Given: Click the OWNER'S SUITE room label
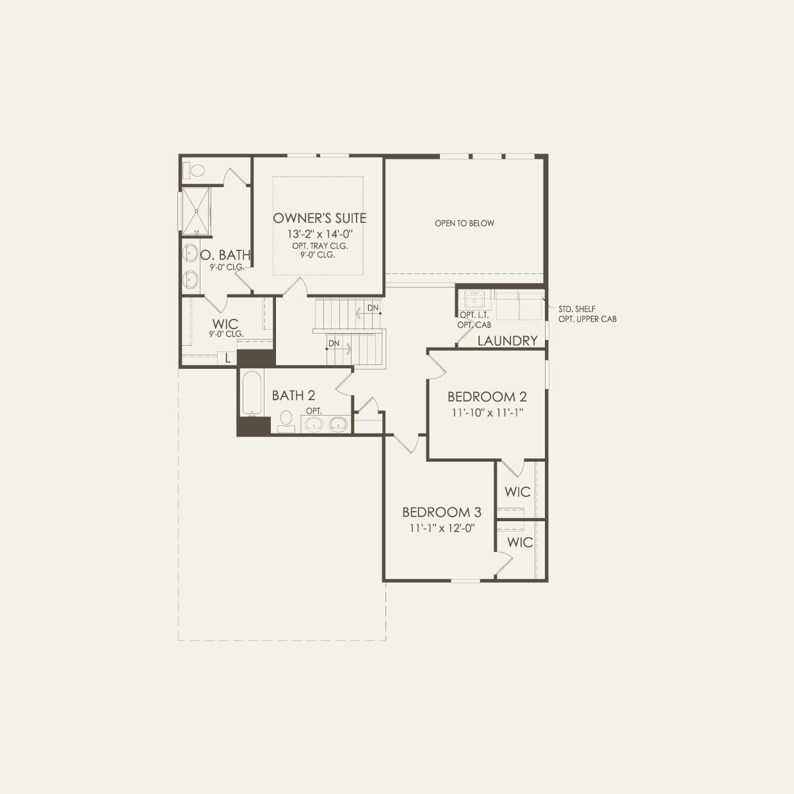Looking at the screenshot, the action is pos(320,218).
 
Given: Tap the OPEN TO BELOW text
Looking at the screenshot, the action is pos(464,223).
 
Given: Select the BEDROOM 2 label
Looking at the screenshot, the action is pos(487,397).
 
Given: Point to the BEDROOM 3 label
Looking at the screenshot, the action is pos(442,512).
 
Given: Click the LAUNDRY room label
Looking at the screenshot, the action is pos(508,341).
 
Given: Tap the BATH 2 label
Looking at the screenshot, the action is pos(293,396).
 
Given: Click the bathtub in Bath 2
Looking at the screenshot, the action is pos(252,393).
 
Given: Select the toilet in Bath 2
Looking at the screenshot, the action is pos(286,421).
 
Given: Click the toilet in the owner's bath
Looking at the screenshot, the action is pos(194,170).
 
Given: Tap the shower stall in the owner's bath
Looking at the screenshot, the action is pos(196,211).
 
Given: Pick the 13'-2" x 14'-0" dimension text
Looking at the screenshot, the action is pos(320,234).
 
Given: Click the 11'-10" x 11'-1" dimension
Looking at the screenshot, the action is pos(487,412).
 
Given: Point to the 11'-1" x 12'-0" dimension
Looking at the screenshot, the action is pos(442,528).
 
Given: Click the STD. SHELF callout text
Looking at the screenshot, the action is pos(577,309).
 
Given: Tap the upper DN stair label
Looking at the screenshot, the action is pos(373,308).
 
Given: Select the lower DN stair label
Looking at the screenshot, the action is pos(334,343).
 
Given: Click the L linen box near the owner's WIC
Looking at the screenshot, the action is pos(227,359).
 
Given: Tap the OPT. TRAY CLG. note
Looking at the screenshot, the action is pos(320,246).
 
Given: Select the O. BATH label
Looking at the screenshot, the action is pos(225,255).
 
